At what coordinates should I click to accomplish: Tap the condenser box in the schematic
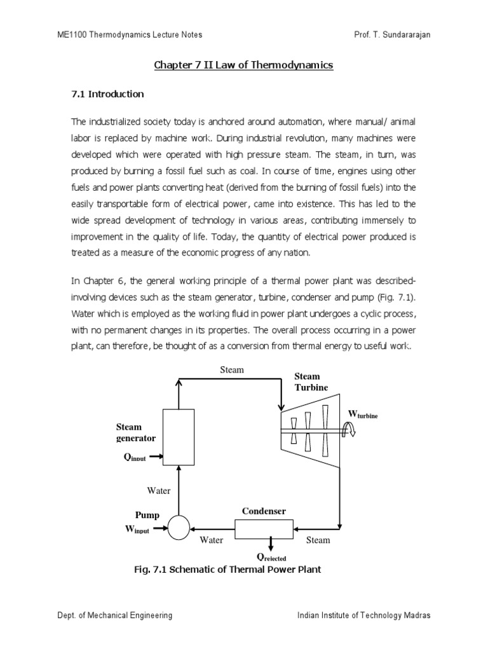coord(264,527)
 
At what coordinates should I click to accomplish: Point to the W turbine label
coord(362,415)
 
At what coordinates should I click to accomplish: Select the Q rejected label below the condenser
coord(271,557)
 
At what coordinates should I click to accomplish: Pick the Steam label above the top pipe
coord(232,370)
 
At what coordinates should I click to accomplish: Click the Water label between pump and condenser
coord(212,540)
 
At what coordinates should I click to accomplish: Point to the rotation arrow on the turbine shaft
coord(349,432)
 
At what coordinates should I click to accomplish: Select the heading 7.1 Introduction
coord(107,94)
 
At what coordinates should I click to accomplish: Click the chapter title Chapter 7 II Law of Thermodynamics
coord(244,65)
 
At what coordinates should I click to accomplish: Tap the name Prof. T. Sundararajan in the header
coord(392,34)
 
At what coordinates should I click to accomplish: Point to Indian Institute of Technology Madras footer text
coord(364,615)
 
